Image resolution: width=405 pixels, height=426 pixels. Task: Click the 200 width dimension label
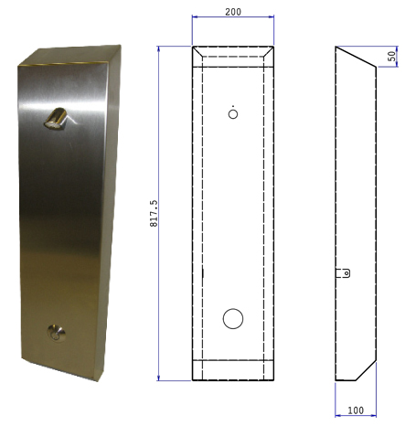(x=233, y=12)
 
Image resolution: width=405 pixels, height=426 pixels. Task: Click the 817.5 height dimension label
(x=154, y=213)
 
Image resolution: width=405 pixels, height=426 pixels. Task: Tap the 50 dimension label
(x=392, y=56)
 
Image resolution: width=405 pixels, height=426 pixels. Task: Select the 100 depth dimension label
(x=356, y=410)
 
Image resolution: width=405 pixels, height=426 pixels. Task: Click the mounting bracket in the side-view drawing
(x=343, y=273)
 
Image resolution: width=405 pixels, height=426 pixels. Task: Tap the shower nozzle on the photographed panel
(x=57, y=119)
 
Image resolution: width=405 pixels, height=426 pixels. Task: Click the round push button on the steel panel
(x=56, y=333)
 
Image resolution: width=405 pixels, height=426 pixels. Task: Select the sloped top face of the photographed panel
(x=69, y=55)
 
